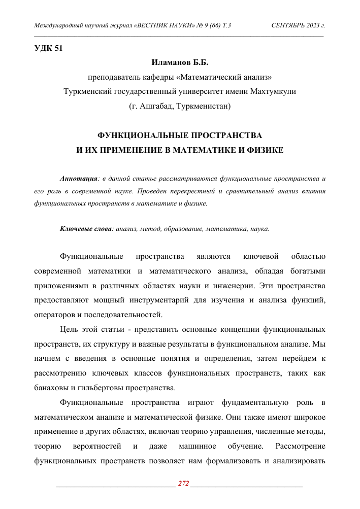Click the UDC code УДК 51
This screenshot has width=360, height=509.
pyautogui.click(x=48, y=49)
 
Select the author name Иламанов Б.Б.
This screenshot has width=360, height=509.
pyautogui.click(x=180, y=63)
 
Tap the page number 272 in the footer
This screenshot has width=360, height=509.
pyautogui.click(x=183, y=484)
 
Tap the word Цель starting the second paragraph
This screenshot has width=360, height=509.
pyautogui.click(x=69, y=330)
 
